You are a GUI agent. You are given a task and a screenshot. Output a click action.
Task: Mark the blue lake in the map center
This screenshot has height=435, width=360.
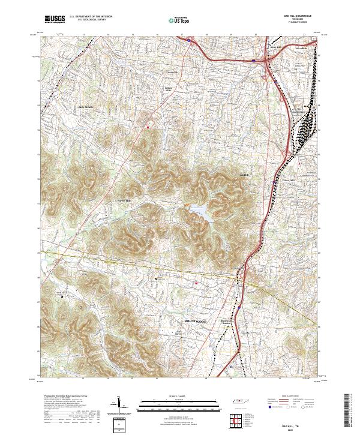point(199,211)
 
